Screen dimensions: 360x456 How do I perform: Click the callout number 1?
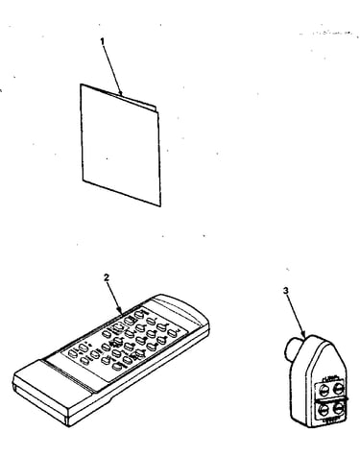(x=103, y=41)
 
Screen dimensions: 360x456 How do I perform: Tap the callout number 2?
(x=107, y=277)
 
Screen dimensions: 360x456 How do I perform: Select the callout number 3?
(x=286, y=291)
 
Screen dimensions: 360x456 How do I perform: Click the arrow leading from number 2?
(x=114, y=298)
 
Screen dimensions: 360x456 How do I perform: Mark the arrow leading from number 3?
(x=296, y=316)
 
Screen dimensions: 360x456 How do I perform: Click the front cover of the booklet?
(x=120, y=146)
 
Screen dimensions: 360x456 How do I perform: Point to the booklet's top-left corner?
(x=81, y=84)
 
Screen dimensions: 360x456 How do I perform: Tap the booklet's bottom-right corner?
(x=160, y=206)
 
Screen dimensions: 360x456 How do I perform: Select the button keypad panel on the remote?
(x=124, y=344)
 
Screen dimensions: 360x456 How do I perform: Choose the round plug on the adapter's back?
(x=293, y=348)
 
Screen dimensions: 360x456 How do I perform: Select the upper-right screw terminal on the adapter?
(x=338, y=388)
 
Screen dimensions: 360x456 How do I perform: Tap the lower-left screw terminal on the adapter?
(x=324, y=410)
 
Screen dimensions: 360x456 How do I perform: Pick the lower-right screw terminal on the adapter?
(x=338, y=408)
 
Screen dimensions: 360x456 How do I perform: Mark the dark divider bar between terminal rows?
(x=331, y=399)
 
